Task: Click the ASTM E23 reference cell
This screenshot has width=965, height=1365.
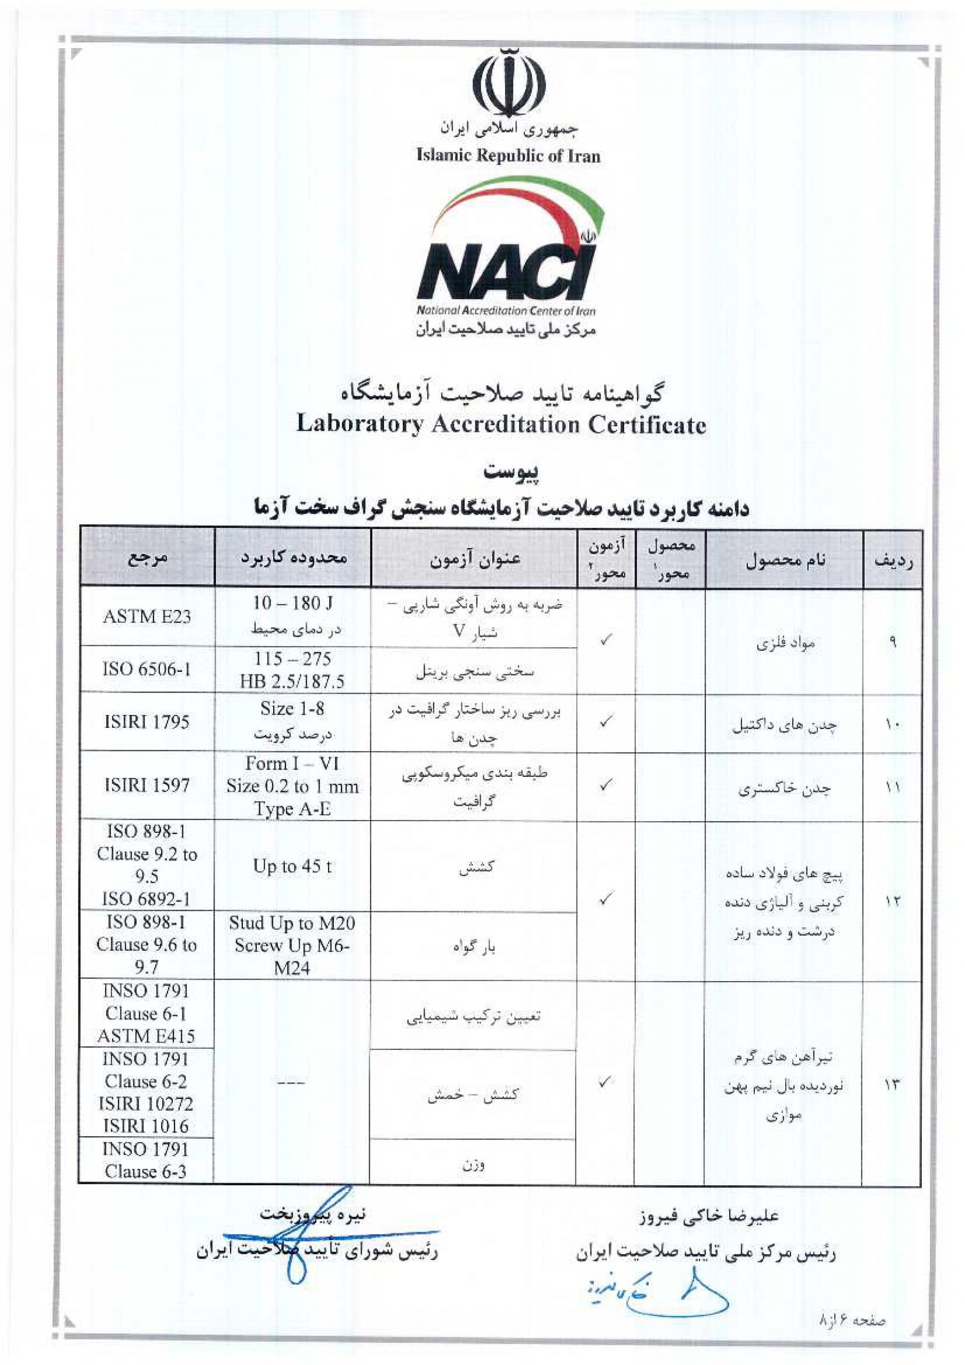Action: point(146,616)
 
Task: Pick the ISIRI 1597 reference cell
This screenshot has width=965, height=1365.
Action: point(146,785)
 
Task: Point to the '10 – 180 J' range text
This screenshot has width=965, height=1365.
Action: point(292,603)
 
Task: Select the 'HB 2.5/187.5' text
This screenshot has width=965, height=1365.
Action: point(292,681)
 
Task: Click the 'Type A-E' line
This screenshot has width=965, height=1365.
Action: point(292,809)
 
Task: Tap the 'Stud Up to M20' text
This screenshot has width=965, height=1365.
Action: point(292,922)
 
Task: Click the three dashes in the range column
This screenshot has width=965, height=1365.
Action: point(292,1082)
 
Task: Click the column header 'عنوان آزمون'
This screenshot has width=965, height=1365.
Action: point(475,559)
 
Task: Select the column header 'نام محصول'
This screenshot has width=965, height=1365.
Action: point(785,559)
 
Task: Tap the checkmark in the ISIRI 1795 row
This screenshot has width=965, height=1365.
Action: point(605,721)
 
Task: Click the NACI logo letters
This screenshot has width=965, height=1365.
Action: point(506,274)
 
